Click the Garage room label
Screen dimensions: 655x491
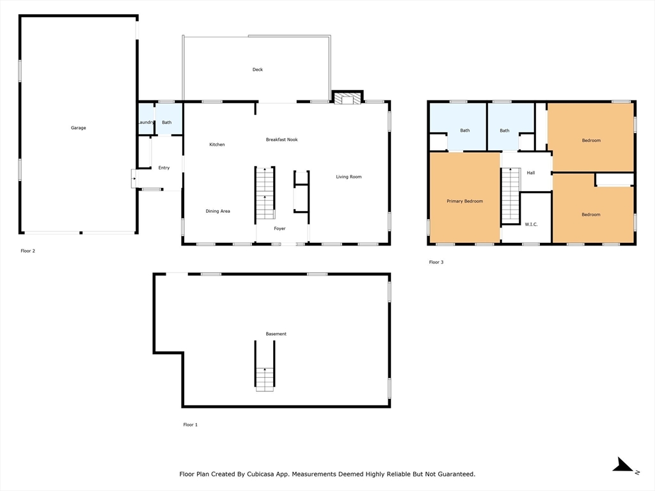point(78,128)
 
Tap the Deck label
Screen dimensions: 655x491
point(258,70)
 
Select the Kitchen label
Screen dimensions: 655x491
point(217,144)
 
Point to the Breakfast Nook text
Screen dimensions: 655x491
point(281,139)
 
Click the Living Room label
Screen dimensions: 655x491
point(349,176)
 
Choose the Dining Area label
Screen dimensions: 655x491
point(217,211)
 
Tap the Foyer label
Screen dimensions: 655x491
point(280,228)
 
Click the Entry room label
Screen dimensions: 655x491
point(164,168)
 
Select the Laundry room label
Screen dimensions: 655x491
point(146,122)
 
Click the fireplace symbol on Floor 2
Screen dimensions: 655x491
point(347,98)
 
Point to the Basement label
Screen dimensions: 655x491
point(276,334)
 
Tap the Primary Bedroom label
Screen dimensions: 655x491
point(464,201)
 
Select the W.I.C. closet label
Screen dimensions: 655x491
point(531,224)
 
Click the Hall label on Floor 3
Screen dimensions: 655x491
point(530,173)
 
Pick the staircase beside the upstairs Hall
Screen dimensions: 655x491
point(510,196)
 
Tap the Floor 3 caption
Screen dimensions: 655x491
point(436,262)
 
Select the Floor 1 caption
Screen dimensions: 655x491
point(190,425)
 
